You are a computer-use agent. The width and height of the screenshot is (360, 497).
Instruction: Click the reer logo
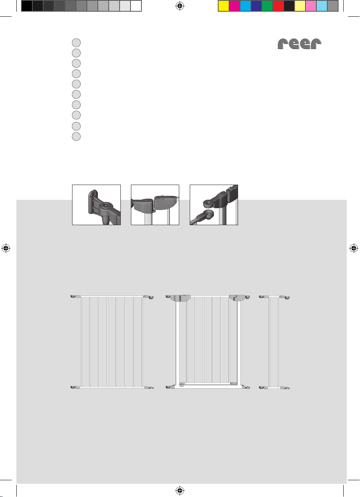[299, 44]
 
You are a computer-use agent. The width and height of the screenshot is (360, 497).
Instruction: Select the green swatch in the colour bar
[267, 6]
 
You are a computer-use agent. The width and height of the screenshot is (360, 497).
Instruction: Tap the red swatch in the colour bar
[278, 6]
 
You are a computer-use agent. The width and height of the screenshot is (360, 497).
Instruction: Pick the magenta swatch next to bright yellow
[235, 6]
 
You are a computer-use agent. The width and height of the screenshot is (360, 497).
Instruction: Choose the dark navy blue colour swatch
[256, 6]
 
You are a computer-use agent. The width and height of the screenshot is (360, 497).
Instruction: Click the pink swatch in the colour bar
[311, 6]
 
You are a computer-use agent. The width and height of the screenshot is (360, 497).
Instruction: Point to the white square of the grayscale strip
[136, 6]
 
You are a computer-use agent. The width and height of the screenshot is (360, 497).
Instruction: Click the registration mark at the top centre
[180, 6]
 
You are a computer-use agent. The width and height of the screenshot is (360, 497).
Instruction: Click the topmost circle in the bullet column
[76, 42]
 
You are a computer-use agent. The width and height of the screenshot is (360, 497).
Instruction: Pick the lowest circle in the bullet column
[76, 136]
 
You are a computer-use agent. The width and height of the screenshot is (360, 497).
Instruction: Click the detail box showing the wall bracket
[96, 205]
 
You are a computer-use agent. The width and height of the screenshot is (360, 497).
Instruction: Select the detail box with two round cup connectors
[214, 205]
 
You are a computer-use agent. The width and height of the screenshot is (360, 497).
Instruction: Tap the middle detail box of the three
[155, 205]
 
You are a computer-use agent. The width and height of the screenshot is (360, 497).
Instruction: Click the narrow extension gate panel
[274, 342]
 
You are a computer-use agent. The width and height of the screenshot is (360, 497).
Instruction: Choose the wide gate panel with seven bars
[112, 342]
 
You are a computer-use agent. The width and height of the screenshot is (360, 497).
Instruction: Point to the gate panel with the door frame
[208, 342]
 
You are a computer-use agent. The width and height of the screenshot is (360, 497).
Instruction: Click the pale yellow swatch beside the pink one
[300, 6]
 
